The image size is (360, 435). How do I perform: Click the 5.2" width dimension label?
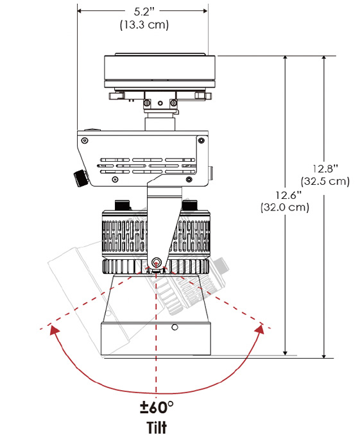click(144, 12)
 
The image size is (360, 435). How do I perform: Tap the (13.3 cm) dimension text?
click(144, 24)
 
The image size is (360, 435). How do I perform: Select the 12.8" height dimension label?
click(325, 169)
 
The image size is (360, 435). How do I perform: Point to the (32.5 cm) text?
click(325, 181)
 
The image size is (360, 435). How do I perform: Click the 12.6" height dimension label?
click(288, 195)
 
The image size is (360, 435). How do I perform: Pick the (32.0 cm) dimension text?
click(285, 207)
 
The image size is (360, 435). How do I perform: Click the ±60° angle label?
click(157, 407)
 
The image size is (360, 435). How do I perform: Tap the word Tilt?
click(157, 427)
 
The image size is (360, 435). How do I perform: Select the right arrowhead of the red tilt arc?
click(260, 328)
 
